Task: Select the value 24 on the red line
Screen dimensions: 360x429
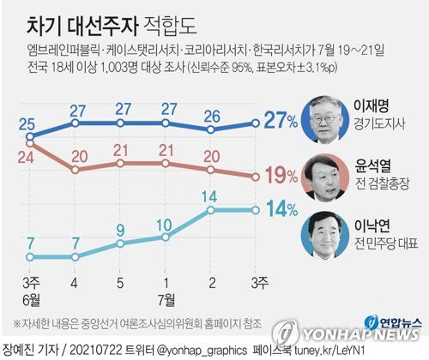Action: pos(31,157)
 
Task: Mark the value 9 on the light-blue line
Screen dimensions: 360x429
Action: pos(121,230)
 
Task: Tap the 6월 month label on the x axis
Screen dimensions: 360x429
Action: pos(31,298)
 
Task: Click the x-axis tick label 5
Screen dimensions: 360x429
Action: pos(120,282)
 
